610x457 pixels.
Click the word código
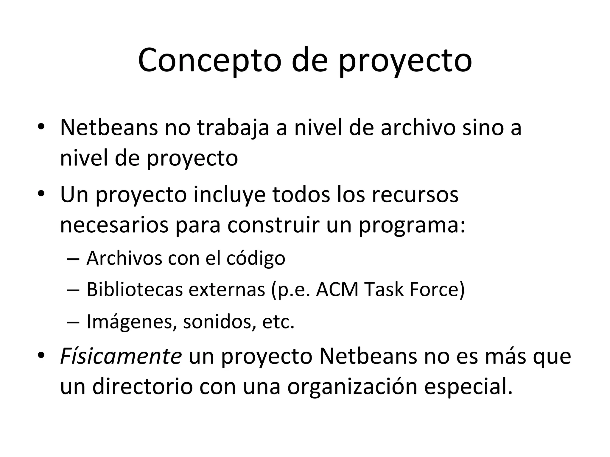tap(256, 258)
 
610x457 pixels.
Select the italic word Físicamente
tap(121, 356)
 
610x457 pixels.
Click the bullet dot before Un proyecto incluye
tap(41, 194)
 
